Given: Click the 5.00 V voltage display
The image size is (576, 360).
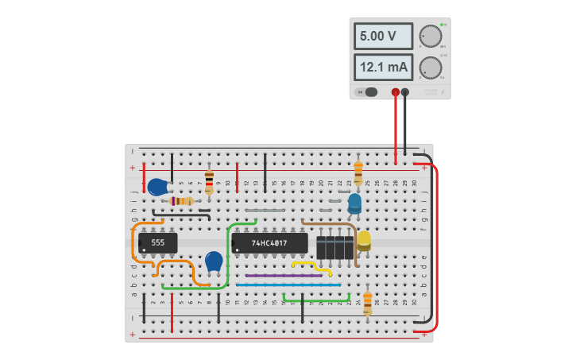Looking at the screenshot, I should [x=383, y=37].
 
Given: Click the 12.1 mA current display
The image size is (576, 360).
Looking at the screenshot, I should [x=383, y=68].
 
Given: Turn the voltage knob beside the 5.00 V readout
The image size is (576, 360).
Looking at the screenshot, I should [x=430, y=37].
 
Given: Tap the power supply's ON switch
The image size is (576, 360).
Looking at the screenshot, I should [x=368, y=92].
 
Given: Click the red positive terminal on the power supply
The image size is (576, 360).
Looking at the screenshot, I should [x=396, y=92].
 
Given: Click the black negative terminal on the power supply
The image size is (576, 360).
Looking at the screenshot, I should [x=405, y=92].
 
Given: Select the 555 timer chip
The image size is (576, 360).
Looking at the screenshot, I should [x=157, y=243].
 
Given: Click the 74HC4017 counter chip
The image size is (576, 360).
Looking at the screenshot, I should [x=269, y=243].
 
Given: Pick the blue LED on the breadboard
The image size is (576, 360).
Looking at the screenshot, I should [x=354, y=203].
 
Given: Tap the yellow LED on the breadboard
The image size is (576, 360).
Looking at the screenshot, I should [x=364, y=240].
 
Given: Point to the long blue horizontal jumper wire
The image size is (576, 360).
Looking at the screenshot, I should [x=288, y=285].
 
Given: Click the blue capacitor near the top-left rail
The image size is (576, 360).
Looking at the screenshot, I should [x=157, y=188].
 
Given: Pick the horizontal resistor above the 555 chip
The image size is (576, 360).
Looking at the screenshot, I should [x=182, y=201].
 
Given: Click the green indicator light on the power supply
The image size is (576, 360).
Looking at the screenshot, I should [x=442, y=25].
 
